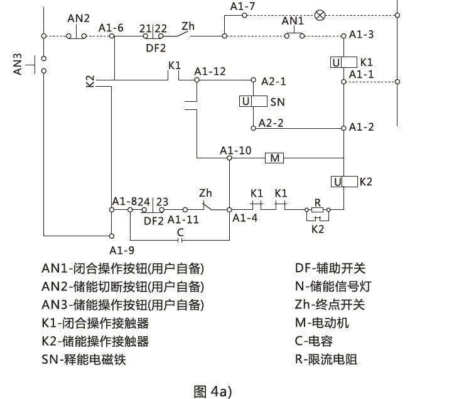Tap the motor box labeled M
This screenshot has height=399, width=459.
274,158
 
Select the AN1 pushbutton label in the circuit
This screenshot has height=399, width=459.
293,21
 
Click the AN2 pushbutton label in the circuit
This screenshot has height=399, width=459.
79,18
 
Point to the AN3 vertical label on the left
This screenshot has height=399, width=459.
18,64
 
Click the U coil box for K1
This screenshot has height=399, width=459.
337,62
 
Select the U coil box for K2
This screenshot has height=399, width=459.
338,182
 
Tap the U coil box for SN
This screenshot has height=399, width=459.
247,102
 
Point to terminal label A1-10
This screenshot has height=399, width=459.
235,150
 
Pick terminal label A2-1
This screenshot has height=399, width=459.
274,81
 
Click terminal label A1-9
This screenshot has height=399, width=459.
114,249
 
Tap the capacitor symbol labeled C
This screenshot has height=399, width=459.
180,239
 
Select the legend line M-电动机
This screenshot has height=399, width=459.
321,323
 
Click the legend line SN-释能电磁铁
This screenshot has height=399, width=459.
88,360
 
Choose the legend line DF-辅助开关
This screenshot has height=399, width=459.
330,268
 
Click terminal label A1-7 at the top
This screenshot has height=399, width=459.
242,6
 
